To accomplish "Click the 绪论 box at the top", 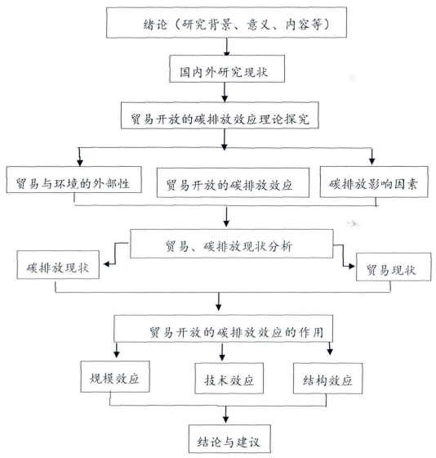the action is tap(226, 23).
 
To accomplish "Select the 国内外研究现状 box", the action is tap(227, 69).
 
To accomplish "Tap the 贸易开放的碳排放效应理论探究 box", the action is tap(220, 115).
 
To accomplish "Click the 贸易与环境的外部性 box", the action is tap(73, 180).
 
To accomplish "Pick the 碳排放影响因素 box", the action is tap(374, 182).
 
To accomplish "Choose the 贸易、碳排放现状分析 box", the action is tap(231, 244).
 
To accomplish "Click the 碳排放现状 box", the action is tap(58, 265).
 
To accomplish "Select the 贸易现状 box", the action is tap(394, 267).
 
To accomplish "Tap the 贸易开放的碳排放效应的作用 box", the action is tap(223, 329).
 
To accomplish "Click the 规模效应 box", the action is tap(115, 376).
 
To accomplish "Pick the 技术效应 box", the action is tap(229, 378).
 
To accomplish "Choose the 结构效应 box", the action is tap(327, 379).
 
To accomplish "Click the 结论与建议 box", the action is tap(229, 438).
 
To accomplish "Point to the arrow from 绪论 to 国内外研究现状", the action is tap(227, 47).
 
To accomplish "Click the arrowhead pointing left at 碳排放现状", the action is tap(107, 264).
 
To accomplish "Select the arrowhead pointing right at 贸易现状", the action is tap(352, 266).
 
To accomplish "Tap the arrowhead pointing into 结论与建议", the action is tap(225, 419).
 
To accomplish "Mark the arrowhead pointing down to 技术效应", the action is tap(222, 357).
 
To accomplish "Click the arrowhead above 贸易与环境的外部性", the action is tap(80, 163).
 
